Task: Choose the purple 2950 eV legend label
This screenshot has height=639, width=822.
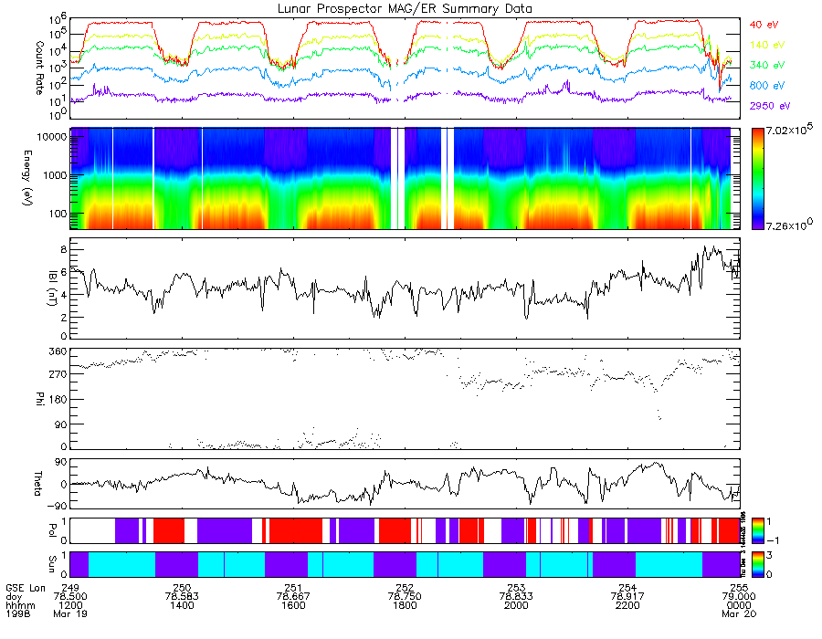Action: click(767, 107)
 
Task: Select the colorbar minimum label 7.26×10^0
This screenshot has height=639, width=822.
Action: click(789, 225)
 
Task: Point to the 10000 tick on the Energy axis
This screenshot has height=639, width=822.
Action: click(48, 136)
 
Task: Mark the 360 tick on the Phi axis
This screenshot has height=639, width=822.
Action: click(55, 351)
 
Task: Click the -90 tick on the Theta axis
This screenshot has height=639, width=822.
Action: click(54, 505)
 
